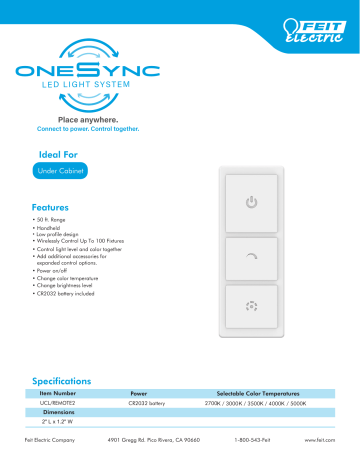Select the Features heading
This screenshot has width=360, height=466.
coord(50,207)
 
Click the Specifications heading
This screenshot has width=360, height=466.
coord(62,381)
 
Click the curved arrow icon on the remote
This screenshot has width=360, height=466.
coord(252,257)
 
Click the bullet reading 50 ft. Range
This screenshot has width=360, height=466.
coord(55,219)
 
